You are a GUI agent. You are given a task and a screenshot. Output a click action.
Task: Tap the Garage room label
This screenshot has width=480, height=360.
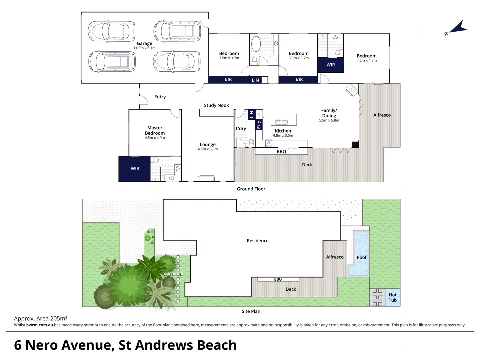(x=144, y=43)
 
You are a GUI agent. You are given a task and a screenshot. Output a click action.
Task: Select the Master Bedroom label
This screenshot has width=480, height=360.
(x=155, y=130)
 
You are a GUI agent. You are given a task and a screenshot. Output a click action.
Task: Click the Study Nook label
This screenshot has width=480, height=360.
(x=216, y=105)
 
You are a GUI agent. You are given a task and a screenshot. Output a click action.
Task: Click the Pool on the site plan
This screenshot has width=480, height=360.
(x=361, y=257)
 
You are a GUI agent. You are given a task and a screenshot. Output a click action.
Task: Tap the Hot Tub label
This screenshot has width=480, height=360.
(x=392, y=297)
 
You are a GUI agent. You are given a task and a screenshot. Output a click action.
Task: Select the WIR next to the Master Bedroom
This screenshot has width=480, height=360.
(x=135, y=169)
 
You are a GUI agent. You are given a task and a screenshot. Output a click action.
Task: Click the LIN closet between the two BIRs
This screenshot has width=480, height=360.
(x=255, y=80)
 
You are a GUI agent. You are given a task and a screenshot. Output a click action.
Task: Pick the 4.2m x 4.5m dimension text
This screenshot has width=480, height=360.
(x=366, y=61)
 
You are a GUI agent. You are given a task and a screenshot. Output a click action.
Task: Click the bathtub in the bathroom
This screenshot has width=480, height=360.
(x=256, y=43)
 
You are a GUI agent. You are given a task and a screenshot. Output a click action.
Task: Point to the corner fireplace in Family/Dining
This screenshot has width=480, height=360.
(x=352, y=90)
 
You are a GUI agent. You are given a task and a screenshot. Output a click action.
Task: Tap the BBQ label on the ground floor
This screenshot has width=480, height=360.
(x=281, y=152)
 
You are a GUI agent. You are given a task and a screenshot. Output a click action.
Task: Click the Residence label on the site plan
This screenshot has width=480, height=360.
(x=257, y=241)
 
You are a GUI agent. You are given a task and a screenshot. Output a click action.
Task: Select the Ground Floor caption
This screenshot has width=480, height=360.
(x=251, y=189)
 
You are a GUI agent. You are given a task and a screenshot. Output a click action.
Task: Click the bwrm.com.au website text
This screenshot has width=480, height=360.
(x=39, y=325)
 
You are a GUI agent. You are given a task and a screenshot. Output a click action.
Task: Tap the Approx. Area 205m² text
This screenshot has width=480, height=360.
(x=41, y=319)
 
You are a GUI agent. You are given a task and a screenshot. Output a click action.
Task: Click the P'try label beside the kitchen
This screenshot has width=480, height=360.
(x=259, y=125)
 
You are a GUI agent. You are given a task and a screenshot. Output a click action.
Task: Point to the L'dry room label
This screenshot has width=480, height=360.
(x=241, y=129)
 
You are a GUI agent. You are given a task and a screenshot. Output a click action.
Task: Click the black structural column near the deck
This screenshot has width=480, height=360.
(x=356, y=144)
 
